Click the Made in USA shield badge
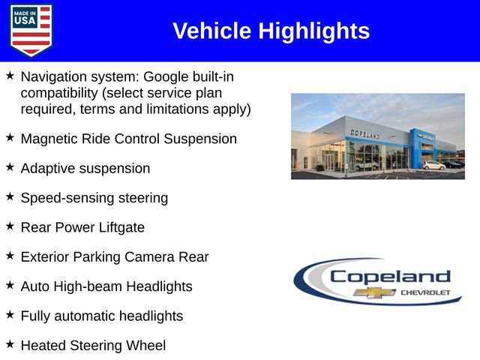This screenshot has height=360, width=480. (31, 30)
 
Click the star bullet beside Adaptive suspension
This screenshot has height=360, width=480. (10, 166)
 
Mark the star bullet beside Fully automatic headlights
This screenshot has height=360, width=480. (10, 314)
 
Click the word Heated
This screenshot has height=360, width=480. (43, 345)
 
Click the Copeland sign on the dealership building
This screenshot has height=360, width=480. (365, 133)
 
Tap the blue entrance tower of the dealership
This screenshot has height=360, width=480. (417, 147)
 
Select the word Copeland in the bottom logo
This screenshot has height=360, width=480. (390, 276)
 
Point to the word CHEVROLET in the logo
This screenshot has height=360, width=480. (426, 292)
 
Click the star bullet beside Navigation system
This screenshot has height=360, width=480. (10, 76)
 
